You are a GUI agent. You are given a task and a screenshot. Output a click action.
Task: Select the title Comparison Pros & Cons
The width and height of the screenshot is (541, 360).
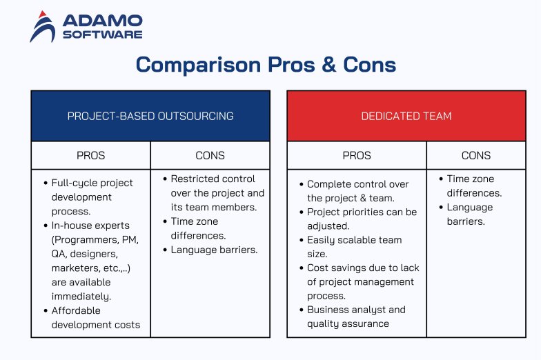pos(266,65)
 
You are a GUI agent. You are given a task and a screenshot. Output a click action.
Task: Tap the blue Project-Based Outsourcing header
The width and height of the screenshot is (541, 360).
pos(150,116)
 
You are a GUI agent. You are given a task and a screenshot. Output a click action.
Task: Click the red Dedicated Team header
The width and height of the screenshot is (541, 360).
pos(406,116)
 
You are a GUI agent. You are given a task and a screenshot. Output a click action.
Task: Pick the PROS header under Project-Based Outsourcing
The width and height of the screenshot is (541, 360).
pos(91,155)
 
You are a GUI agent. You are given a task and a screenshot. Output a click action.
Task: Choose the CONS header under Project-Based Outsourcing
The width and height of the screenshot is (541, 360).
pos(210,155)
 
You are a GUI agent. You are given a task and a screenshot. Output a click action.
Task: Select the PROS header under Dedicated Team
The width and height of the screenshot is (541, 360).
pos(357,155)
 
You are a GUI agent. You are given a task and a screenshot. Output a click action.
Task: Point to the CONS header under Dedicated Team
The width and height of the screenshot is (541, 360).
pos(475,155)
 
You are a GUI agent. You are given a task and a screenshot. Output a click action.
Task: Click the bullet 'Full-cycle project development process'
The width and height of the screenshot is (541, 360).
pos(92,197)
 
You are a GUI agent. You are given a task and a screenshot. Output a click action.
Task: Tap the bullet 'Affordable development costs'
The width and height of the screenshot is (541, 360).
pos(95,317)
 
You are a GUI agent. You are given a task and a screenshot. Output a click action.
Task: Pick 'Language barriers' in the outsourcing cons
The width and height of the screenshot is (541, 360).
pos(214,250)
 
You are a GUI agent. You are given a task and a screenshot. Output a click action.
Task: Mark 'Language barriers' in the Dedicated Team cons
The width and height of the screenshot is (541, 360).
pos(469,214)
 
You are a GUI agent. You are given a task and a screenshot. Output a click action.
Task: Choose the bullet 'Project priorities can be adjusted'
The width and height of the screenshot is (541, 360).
pos(362,219)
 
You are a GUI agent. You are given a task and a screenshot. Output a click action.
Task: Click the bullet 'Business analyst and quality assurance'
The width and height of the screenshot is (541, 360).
pos(356,317)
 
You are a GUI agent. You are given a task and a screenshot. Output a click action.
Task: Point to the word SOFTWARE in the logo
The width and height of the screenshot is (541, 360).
pos(103,34)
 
